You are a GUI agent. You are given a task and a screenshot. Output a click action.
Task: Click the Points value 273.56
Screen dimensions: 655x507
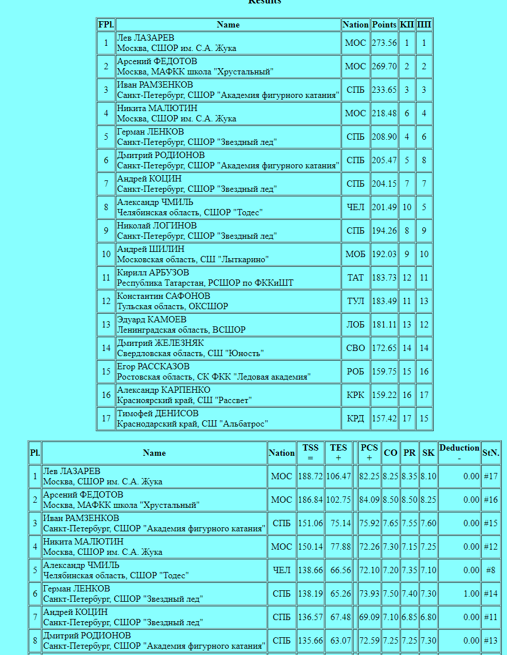point(384,43)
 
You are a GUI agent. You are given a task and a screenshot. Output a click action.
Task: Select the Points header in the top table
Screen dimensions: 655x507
point(384,25)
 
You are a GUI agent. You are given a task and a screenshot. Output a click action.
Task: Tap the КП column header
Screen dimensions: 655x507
point(407,25)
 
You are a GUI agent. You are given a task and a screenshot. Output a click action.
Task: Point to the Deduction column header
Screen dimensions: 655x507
point(459,453)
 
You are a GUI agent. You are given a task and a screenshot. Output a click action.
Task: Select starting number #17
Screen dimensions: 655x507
point(490,476)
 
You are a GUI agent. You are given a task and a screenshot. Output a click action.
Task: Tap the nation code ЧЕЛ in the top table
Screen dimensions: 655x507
point(355,207)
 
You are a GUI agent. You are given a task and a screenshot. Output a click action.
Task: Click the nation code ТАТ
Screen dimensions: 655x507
point(355,278)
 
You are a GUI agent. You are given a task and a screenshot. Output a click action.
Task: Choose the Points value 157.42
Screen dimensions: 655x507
point(384,419)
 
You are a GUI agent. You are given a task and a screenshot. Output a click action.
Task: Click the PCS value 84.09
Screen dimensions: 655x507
point(370,500)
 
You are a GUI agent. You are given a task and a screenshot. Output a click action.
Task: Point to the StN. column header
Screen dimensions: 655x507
point(490,453)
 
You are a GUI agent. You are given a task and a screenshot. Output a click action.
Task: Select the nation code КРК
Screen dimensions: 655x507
point(355,395)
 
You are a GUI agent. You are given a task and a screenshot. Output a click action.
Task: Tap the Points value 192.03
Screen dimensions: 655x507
point(384,254)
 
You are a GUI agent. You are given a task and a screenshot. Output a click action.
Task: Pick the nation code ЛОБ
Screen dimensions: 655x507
point(355,325)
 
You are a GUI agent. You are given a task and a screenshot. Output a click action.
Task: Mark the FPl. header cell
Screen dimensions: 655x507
point(106,25)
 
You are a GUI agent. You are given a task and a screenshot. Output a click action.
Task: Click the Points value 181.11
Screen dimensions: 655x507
point(384,325)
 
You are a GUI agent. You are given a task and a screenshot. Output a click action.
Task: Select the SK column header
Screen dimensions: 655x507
point(428,453)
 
